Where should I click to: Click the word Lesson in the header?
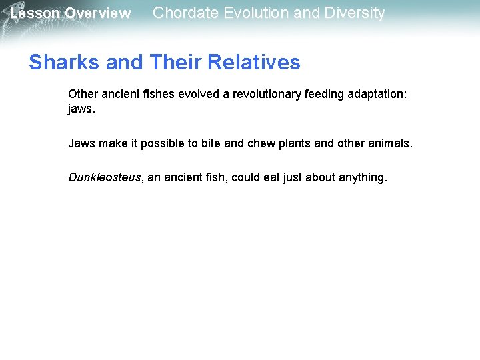click(35, 13)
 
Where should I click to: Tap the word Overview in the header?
click(98, 13)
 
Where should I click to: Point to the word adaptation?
click(376, 95)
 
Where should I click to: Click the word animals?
click(391, 143)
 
